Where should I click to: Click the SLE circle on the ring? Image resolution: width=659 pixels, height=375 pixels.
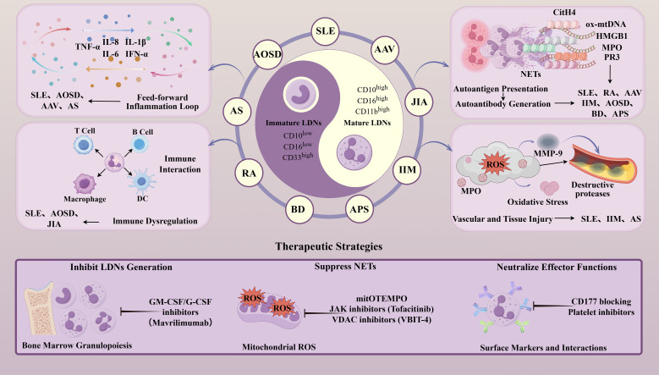tap(326, 31)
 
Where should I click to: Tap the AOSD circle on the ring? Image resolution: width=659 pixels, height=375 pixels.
tap(267, 54)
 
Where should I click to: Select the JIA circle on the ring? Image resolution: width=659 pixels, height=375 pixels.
tap(419, 102)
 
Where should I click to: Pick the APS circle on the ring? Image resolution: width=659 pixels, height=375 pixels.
tap(360, 209)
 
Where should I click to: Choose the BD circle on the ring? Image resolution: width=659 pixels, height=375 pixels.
tap(298, 209)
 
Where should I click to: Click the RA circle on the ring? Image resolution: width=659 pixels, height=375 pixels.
tap(249, 174)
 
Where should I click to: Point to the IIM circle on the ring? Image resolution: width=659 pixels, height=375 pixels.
tap(407, 170)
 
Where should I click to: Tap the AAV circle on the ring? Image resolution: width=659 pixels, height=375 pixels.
tap(384, 49)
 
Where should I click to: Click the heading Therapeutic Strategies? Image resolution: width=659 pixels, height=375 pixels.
tap(329, 246)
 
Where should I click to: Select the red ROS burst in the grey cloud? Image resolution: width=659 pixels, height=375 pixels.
tap(495, 164)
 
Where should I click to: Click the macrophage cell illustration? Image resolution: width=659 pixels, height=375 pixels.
tap(85, 185)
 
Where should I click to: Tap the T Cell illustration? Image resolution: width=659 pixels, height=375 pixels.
tap(83, 145)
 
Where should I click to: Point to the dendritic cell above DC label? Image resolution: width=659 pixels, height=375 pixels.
tap(141, 181)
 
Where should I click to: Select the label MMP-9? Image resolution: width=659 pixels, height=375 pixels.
tap(547, 153)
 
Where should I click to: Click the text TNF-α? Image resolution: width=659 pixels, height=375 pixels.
tap(87, 47)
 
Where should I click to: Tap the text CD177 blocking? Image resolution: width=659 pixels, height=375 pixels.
tap(601, 301)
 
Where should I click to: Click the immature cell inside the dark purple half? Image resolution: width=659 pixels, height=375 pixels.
tap(300, 95)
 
